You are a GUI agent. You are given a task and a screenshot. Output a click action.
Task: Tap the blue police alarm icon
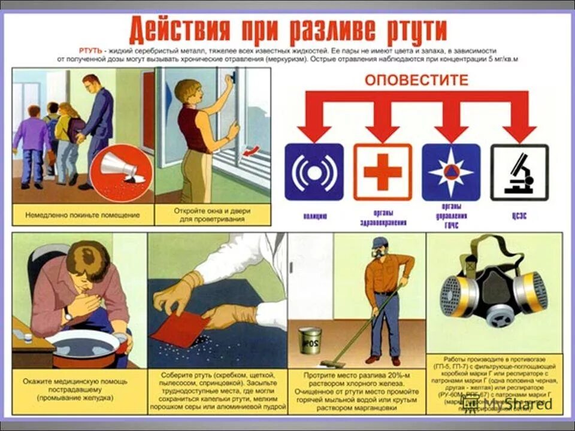coord(314,172)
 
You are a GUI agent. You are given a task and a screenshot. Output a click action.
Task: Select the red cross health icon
coord(383,172)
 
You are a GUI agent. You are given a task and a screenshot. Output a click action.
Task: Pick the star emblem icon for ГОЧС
coord(451,172)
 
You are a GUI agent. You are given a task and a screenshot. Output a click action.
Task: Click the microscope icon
coord(519,172)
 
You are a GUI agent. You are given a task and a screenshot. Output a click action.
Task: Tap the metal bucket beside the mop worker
coord(310,341)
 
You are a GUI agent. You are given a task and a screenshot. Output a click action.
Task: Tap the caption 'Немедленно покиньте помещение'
coord(83,214)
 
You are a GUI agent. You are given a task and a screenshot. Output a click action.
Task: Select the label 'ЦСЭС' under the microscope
coord(519,217)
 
